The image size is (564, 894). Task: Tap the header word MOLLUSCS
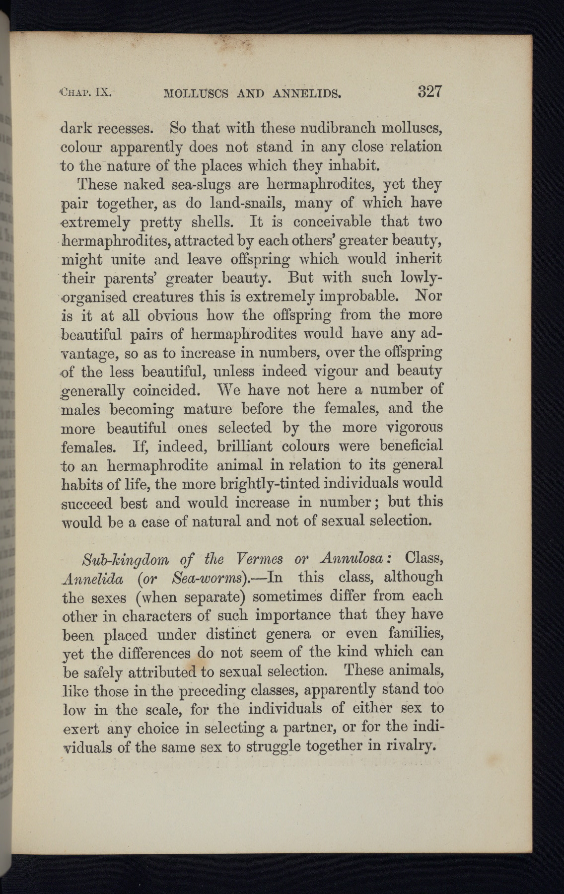pos(196,93)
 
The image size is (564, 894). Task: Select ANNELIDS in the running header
pos(306,93)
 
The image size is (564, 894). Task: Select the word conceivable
pos(332,222)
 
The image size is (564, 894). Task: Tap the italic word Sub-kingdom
pos(125,559)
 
